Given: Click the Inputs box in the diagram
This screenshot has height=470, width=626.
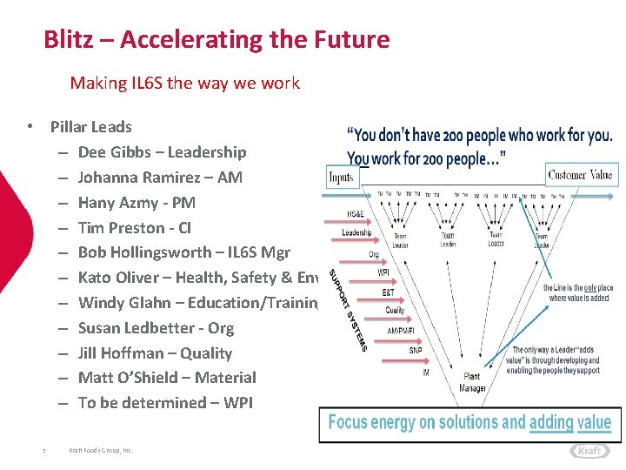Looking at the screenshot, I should click(342, 178).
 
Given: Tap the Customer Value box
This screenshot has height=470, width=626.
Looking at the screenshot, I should click(580, 175).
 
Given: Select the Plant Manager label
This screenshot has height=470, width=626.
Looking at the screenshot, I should click(473, 383).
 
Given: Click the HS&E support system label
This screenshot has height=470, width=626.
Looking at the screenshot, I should click(356, 214).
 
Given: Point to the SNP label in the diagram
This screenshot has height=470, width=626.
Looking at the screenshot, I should click(416, 350).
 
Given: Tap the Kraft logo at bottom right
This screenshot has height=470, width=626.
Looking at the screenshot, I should click(590, 451).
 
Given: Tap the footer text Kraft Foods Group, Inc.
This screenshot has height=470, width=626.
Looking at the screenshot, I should click(101, 451).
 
